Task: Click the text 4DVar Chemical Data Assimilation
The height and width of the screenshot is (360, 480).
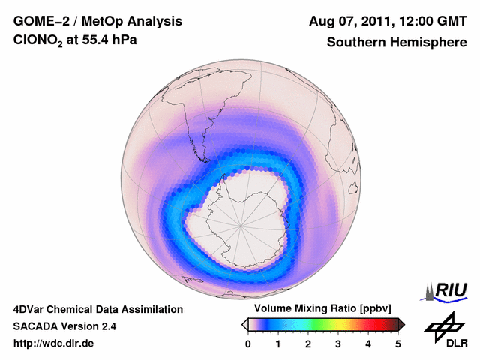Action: tap(98, 309)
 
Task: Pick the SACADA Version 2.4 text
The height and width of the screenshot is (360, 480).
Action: tap(64, 326)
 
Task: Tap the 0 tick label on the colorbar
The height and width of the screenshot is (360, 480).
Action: tap(248, 343)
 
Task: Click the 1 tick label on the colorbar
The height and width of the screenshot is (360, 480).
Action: tap(278, 343)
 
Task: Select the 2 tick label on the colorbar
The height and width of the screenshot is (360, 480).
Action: tap(308, 343)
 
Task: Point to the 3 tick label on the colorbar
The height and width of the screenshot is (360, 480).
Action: tap(338, 343)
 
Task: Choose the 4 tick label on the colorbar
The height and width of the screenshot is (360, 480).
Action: tap(368, 343)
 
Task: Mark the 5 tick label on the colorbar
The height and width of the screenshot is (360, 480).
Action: tap(398, 343)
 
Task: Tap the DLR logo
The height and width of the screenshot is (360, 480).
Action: tap(445, 331)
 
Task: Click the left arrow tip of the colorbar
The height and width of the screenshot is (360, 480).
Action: tap(244, 324)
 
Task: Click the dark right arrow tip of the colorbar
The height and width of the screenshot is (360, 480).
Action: tap(401, 324)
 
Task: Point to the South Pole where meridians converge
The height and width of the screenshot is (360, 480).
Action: tap(241, 223)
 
